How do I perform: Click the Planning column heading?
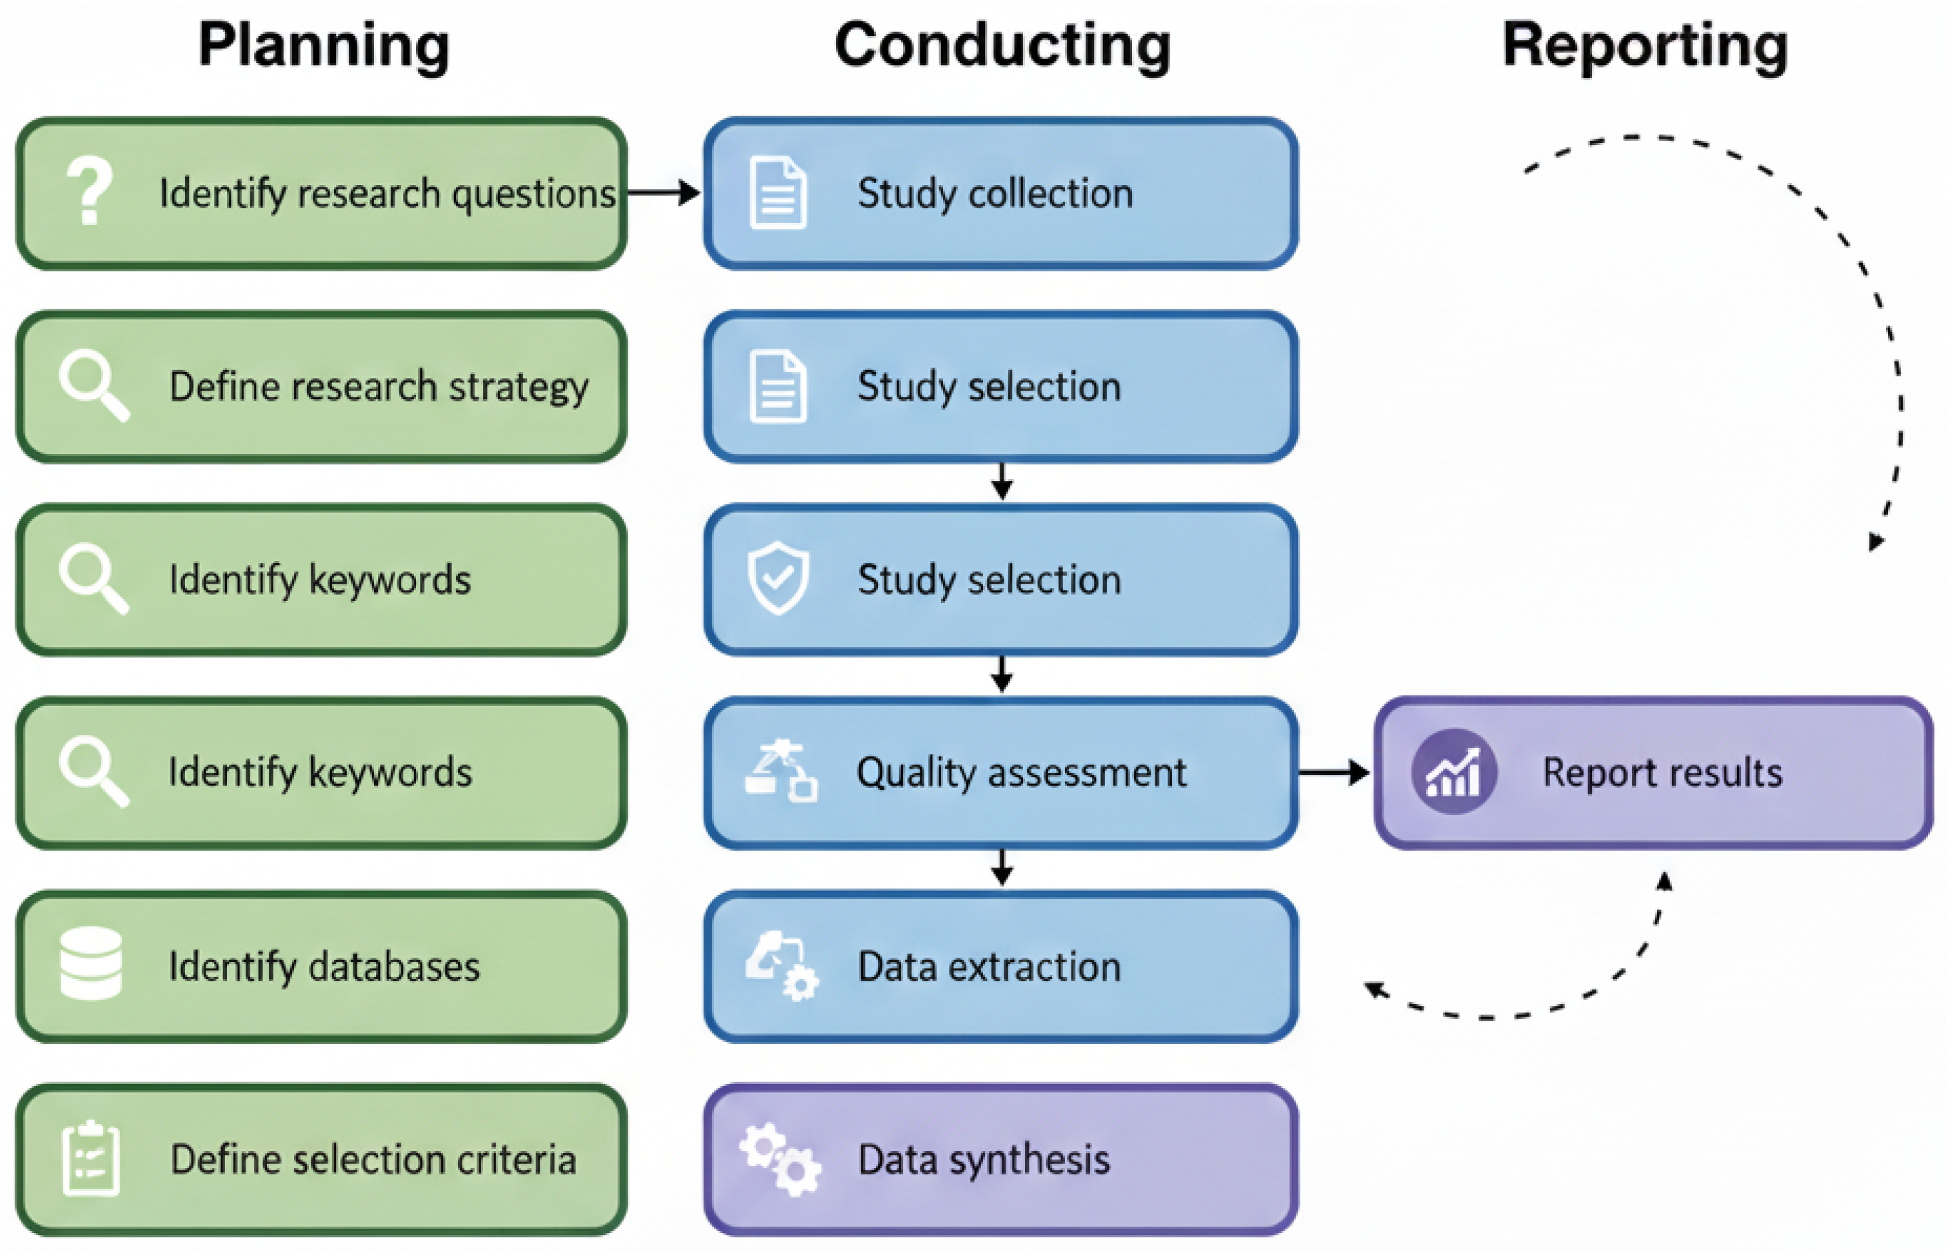point(323,47)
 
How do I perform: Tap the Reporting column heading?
point(1645,47)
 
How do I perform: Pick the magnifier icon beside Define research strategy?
point(93,386)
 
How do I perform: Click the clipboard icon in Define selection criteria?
point(91,1159)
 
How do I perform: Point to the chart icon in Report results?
point(1454,772)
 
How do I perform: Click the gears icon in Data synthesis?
point(780,1159)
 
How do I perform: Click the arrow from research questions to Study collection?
point(663,192)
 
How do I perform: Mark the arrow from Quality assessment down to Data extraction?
point(1002,868)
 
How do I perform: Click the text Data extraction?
point(989,967)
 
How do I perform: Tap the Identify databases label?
point(324,968)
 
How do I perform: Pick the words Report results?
point(1662,772)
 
